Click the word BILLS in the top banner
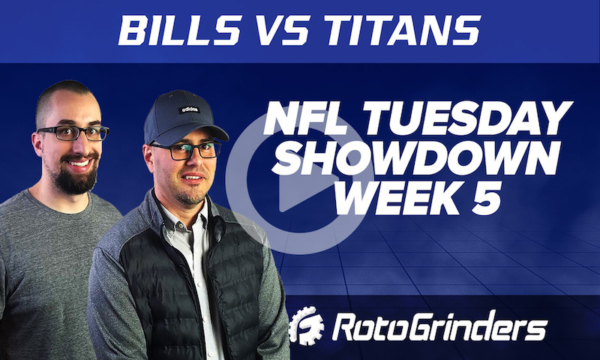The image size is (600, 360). point(175,29)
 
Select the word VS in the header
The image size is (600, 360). point(285,29)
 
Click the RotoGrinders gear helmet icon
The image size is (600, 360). point(307,326)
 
